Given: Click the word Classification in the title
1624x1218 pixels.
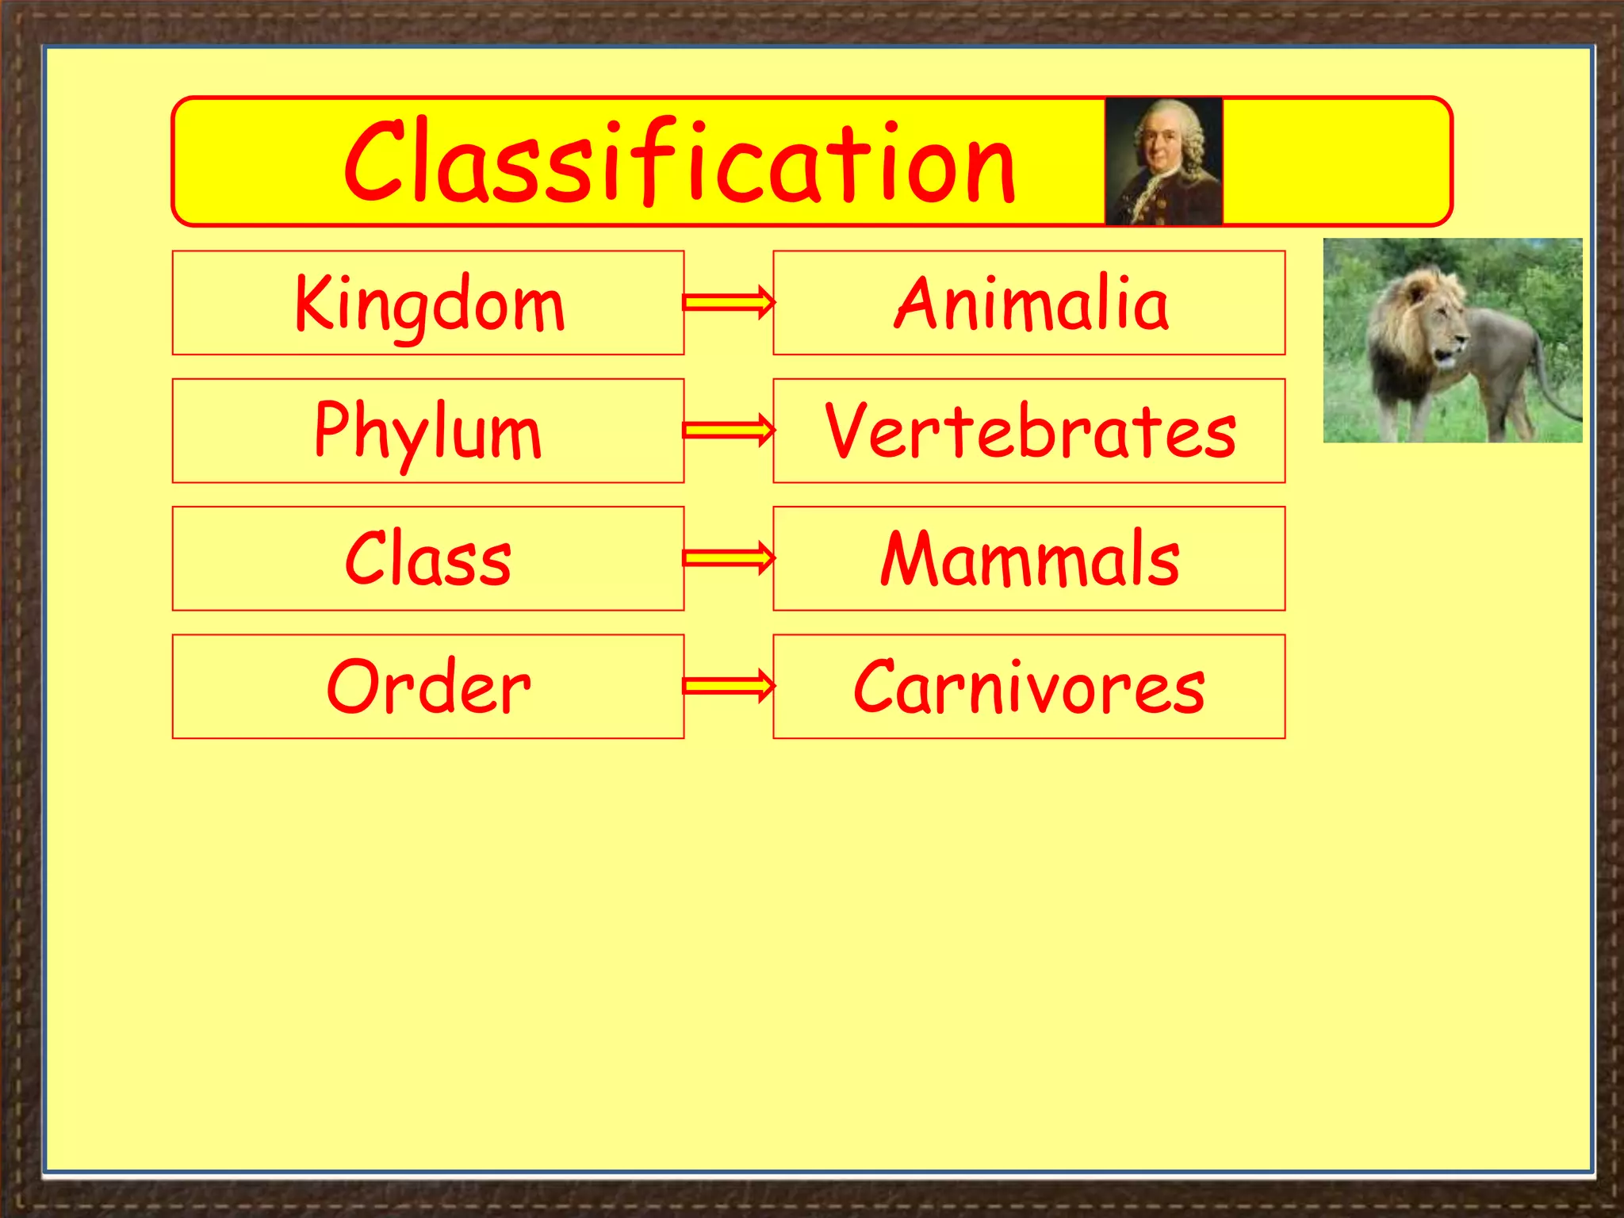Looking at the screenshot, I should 680,163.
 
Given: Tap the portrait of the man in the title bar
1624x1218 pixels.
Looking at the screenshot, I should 1163,162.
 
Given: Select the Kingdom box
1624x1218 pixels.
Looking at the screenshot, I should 427,303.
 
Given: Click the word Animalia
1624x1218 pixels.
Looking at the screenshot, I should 1030,304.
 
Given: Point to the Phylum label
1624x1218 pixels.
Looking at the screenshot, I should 427,431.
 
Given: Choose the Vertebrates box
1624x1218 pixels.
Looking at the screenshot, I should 1029,431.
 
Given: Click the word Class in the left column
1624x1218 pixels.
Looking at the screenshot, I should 427,559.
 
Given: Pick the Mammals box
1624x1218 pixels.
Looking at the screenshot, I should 1029,559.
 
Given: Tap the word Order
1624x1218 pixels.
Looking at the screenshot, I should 427,687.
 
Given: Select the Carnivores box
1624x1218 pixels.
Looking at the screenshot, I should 1029,687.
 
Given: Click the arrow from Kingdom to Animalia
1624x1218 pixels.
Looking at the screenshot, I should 729,303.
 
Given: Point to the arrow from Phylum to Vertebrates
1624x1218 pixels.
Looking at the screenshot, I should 729,431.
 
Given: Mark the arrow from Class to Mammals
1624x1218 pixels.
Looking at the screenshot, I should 729,558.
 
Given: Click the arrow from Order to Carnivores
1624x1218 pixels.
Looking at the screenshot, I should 729,686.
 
